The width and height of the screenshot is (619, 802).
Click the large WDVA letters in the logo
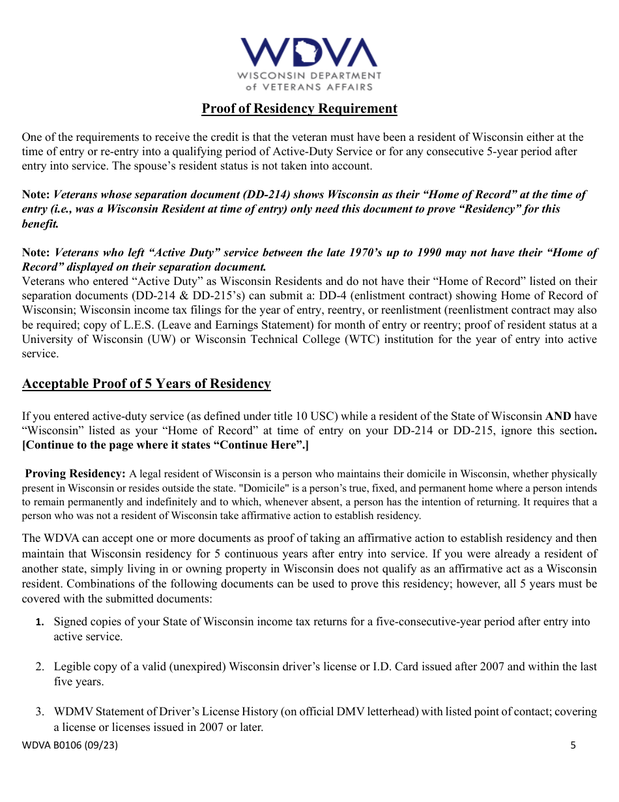309,52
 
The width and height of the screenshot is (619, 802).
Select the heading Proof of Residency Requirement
299,109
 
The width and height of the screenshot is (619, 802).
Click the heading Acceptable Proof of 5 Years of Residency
147,383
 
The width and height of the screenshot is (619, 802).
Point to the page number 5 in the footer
573,745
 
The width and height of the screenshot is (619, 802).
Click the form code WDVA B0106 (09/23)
70,745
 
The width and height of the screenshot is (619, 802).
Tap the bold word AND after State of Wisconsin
558,416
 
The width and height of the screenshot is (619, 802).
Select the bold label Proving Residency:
75,473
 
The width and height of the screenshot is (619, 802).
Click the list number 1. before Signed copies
40,622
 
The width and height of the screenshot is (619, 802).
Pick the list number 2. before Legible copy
40,666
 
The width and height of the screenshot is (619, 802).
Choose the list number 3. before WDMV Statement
40,711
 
